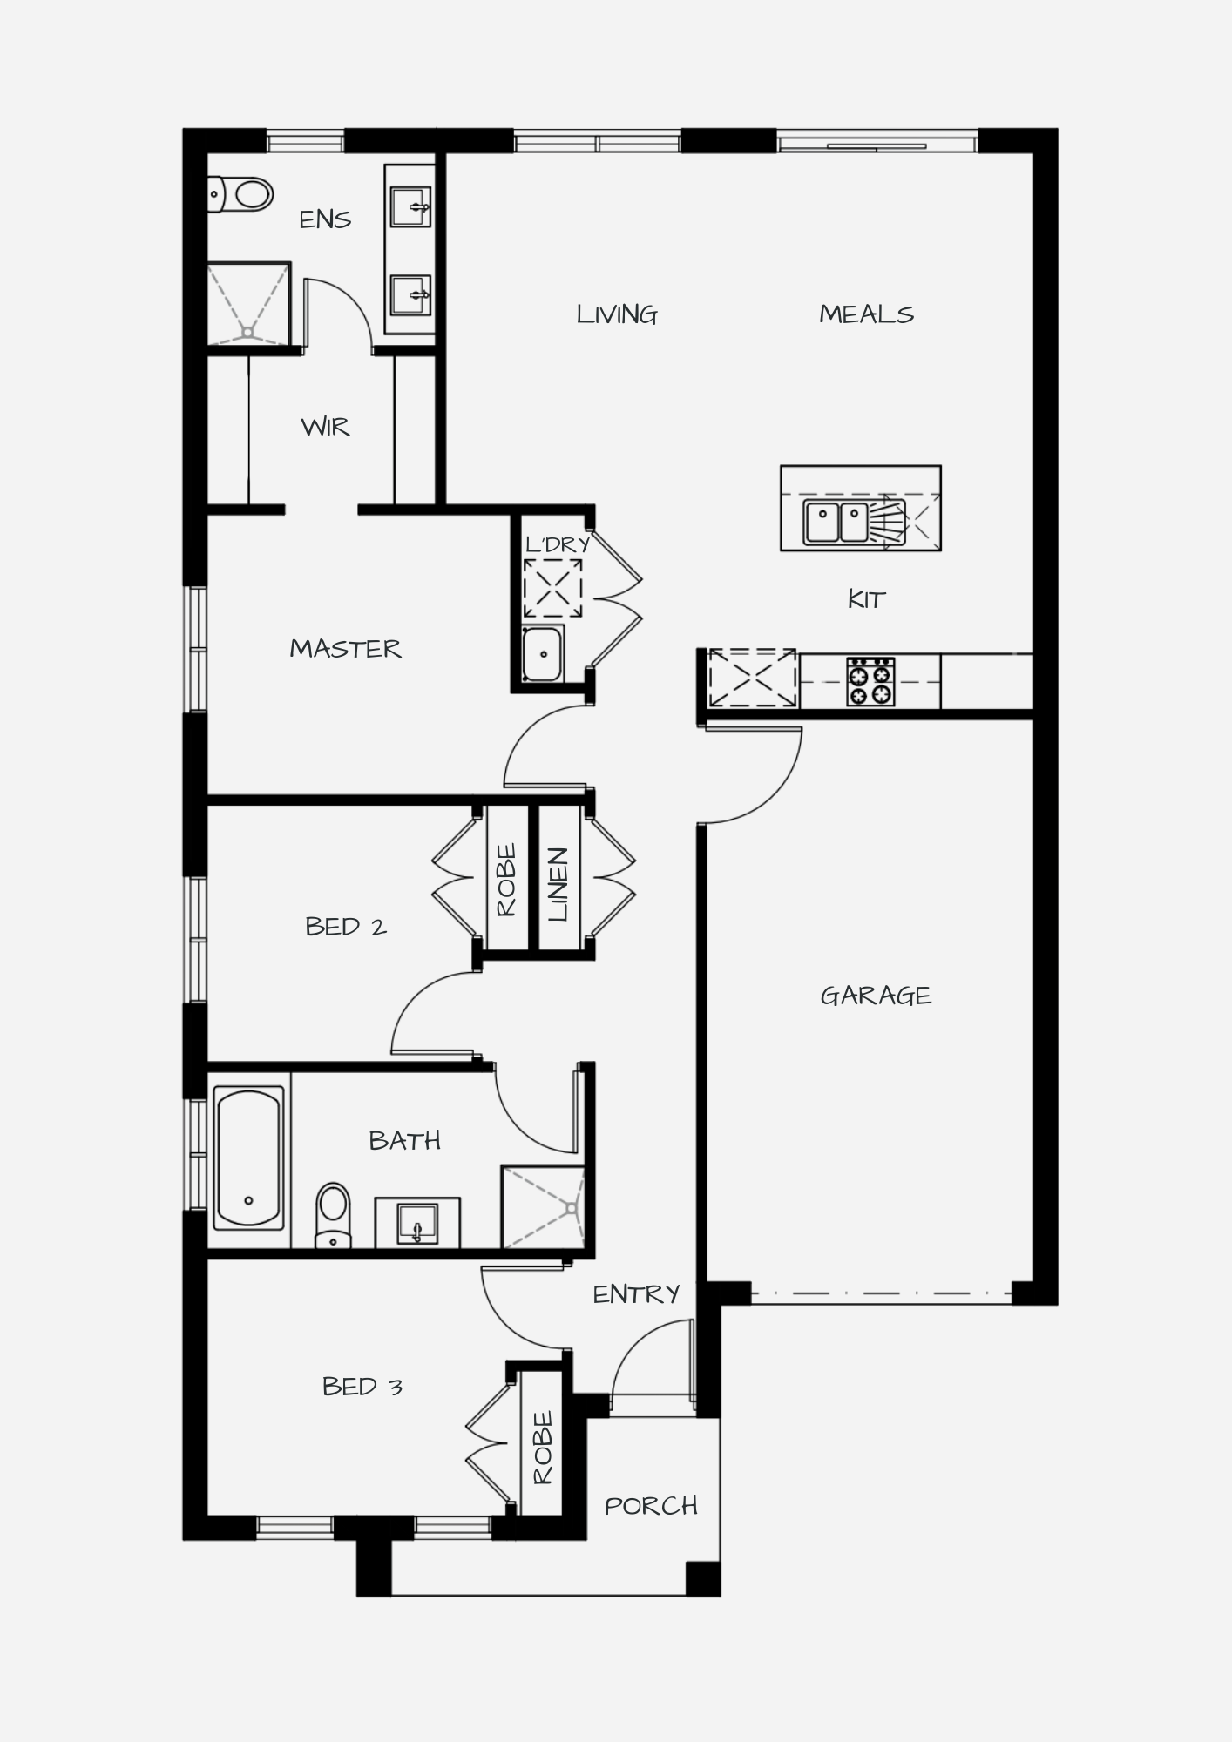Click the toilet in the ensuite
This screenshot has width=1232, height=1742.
pyautogui.click(x=240, y=194)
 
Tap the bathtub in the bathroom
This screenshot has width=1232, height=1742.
pyautogui.click(x=248, y=1158)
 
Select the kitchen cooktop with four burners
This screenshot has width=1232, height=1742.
pyautogui.click(x=870, y=681)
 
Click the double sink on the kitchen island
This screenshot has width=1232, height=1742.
pyautogui.click(x=836, y=523)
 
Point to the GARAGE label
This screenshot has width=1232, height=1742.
pyautogui.click(x=876, y=996)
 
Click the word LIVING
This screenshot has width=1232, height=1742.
pyautogui.click(x=617, y=314)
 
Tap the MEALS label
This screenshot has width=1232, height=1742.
pyautogui.click(x=867, y=314)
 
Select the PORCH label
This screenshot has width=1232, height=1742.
pyautogui.click(x=651, y=1506)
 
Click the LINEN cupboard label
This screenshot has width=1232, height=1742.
pyautogui.click(x=558, y=884)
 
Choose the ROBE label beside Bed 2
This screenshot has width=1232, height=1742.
pyautogui.click(x=506, y=880)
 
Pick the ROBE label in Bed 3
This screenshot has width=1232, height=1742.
pyautogui.click(x=542, y=1448)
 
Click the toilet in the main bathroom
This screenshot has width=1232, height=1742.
pyautogui.click(x=333, y=1214)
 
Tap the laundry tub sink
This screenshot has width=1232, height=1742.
pyautogui.click(x=543, y=653)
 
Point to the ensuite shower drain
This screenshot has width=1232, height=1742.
pyautogui.click(x=248, y=332)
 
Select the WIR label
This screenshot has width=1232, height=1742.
pyautogui.click(x=325, y=427)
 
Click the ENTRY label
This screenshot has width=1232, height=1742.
pyautogui.click(x=636, y=1294)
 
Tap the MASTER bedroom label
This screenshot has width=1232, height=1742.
pyautogui.click(x=346, y=649)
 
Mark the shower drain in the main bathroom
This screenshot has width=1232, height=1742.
pyautogui.click(x=571, y=1208)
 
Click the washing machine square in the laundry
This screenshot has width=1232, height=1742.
pyautogui.click(x=552, y=589)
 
